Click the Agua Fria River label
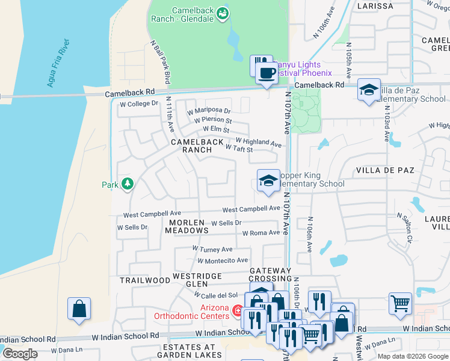coord(58,63)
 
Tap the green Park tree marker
coord(127,184)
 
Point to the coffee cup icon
coord(266,73)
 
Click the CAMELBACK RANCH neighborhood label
coord(196,146)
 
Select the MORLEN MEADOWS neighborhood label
coord(184,227)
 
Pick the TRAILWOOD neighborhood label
coord(145,280)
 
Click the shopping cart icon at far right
coord(399,303)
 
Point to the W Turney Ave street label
coord(212,249)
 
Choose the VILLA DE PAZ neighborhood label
coord(386,170)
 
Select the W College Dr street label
coord(138,103)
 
